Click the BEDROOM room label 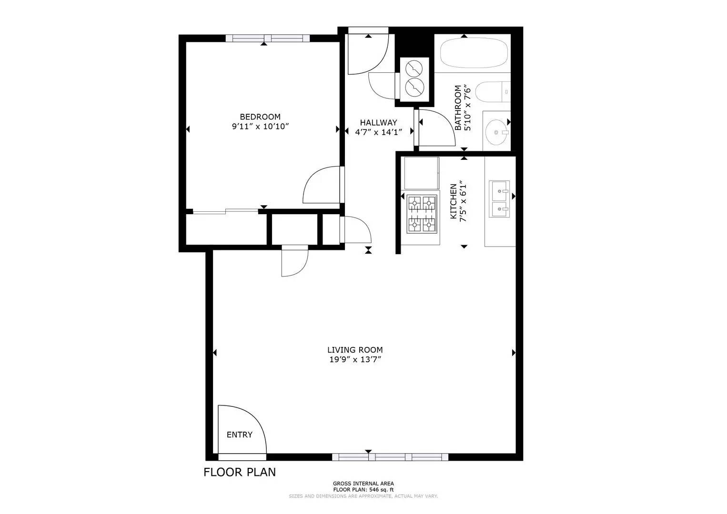pos(260,117)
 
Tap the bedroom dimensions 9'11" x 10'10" pos(260,127)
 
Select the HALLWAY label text pos(378,122)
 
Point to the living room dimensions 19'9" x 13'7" pos(355,360)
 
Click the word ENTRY pos(239,435)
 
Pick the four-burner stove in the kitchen pos(422,214)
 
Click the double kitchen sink pos(499,198)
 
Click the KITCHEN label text pos(454,201)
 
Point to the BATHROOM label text pos(458,108)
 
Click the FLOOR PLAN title pos(239,472)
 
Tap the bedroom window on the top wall pos(267,39)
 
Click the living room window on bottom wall pos(390,457)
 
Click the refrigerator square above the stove pos(421,173)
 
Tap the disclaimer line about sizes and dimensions pos(363,496)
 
